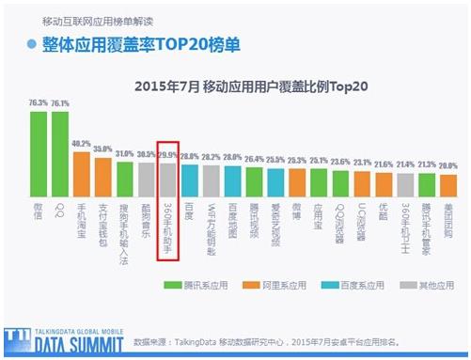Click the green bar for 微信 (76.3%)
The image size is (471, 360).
39,151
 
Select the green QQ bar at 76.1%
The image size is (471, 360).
60,151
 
